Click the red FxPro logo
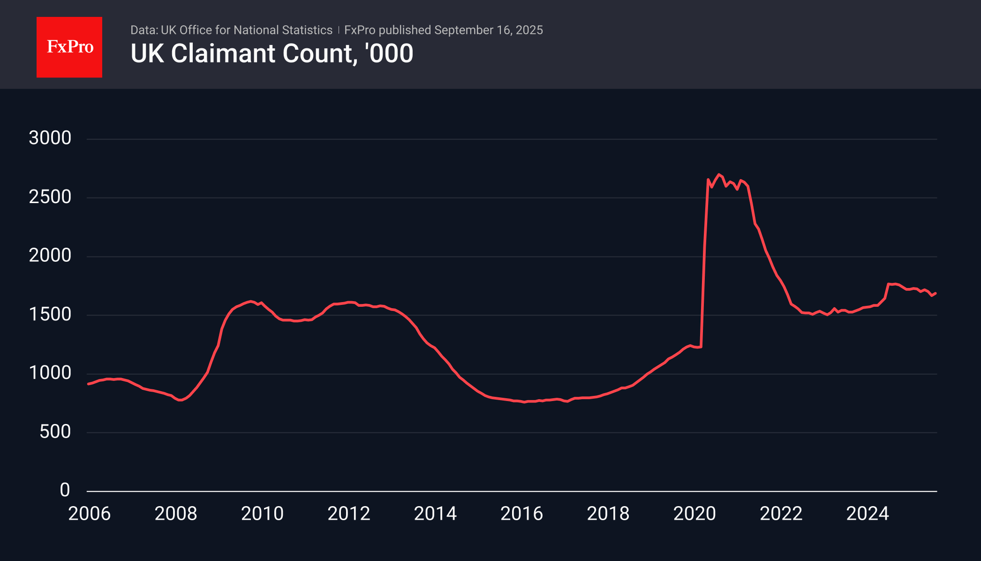point(69,47)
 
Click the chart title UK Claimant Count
point(272,53)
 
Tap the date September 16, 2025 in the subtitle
point(489,30)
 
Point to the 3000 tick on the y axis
point(50,138)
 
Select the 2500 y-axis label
point(50,197)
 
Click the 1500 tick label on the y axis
point(50,314)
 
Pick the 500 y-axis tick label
point(55,432)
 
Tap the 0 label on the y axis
point(65,490)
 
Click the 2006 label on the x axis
point(89,514)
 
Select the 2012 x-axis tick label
point(349,514)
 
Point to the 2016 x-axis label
point(521,514)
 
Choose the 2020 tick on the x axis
point(694,514)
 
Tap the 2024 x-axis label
point(868,514)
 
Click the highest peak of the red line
point(718,174)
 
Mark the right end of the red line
point(936,293)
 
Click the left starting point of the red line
point(88,384)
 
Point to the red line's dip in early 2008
point(180,400)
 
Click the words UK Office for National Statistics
point(247,30)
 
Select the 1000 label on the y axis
point(50,373)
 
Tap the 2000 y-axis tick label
point(50,256)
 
